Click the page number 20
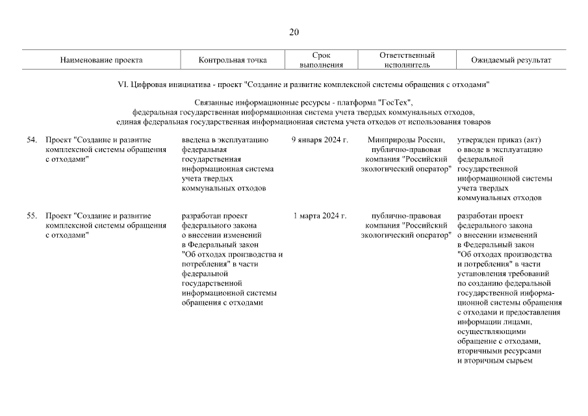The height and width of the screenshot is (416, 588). (294, 32)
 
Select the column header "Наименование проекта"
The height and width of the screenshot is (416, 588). (101, 60)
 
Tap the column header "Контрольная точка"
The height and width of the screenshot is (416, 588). (233, 60)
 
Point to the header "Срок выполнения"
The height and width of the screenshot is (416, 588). (321, 60)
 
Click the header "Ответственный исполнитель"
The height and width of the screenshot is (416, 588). (407, 60)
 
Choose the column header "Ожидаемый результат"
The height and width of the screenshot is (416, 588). (511, 60)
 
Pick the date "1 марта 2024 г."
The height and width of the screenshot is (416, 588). (320, 216)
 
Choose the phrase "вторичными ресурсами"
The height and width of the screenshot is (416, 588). (499, 351)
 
